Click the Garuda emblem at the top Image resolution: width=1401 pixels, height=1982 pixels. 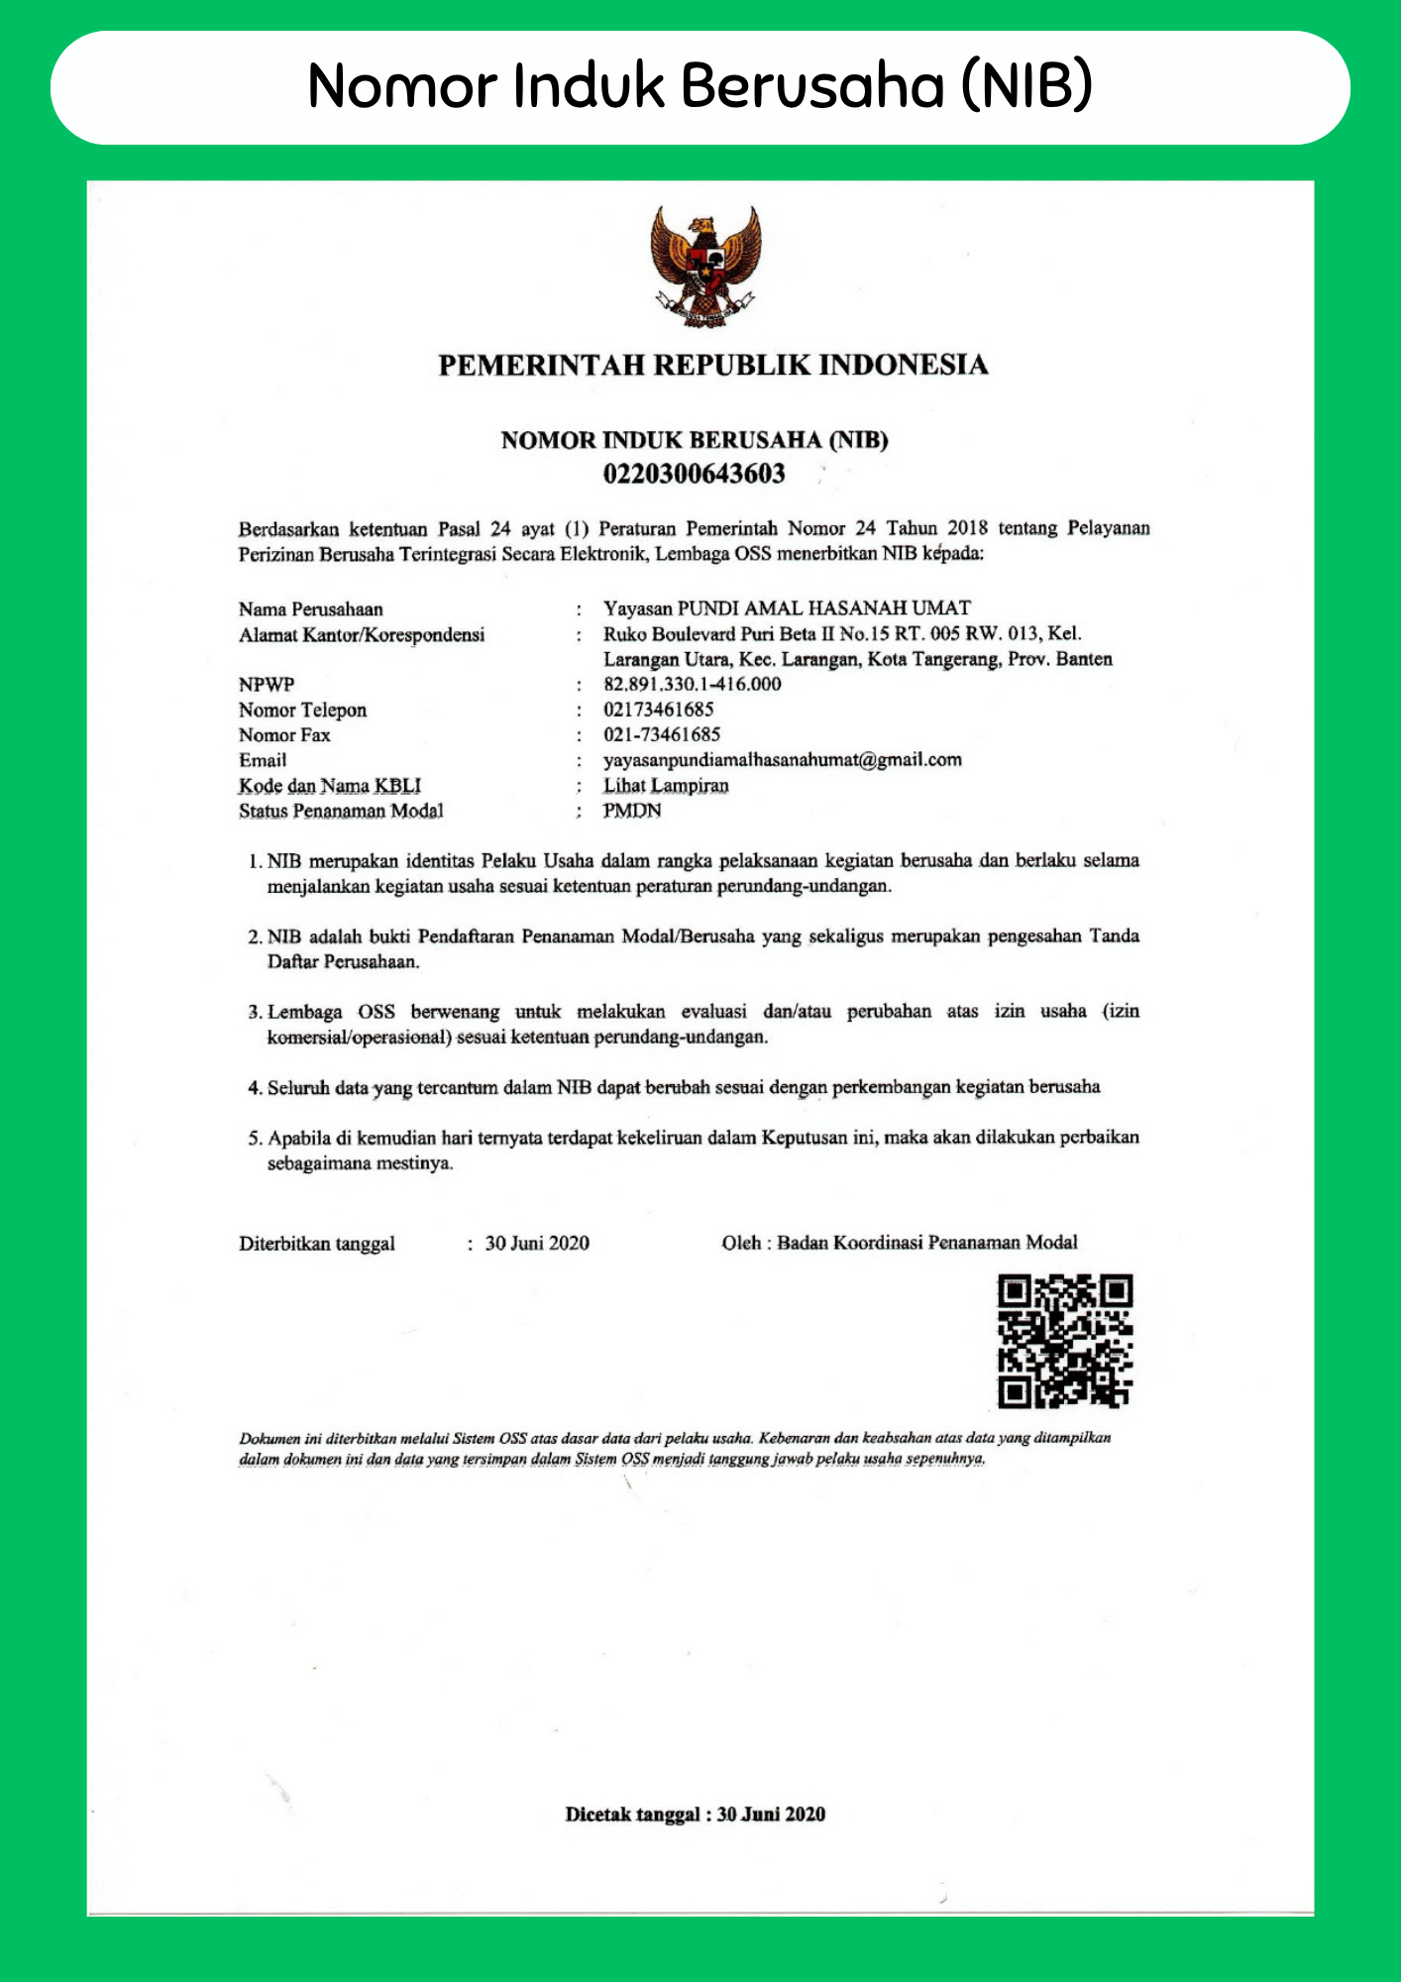tap(705, 266)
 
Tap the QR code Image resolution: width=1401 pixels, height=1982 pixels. tap(1064, 1341)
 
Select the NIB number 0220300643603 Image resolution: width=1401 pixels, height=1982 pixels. tap(694, 474)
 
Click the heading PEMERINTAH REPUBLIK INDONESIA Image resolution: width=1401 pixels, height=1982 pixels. tap(712, 365)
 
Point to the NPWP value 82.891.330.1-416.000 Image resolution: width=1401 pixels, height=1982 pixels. tap(692, 684)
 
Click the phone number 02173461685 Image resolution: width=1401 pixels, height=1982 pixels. tap(658, 710)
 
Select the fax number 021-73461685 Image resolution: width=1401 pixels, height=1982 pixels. tap(662, 734)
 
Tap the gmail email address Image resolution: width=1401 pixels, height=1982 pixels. tap(782, 760)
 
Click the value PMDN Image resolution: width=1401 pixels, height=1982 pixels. tap(632, 811)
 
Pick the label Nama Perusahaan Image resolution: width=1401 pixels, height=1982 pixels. tap(310, 609)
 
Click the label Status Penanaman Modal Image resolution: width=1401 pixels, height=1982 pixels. tap(341, 811)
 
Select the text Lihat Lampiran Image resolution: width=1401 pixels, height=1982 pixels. tap(666, 786)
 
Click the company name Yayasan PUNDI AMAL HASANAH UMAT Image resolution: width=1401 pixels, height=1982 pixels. tap(787, 608)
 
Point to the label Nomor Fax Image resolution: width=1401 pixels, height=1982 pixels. tap(284, 735)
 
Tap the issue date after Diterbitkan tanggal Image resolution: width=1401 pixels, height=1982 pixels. tap(537, 1244)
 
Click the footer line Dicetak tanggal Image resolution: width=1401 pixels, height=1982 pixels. tap(695, 1815)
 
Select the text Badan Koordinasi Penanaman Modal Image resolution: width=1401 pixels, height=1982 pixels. tap(926, 1243)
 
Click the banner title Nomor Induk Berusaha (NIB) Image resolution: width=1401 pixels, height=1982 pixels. tap(700, 86)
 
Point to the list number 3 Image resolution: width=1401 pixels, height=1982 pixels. tap(254, 1013)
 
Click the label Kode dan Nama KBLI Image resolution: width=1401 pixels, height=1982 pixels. tap(330, 786)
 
